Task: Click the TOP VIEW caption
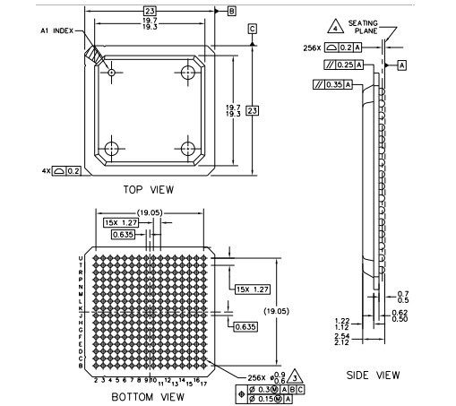(x=147, y=189)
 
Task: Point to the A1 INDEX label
(x=58, y=30)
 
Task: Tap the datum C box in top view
(x=253, y=29)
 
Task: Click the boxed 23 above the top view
(x=150, y=11)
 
